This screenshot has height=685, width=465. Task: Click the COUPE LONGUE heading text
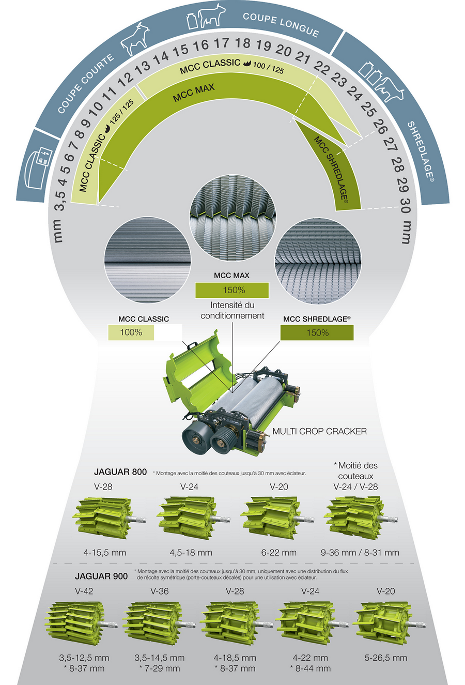tap(281, 24)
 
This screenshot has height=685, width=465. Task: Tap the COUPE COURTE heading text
tap(86, 84)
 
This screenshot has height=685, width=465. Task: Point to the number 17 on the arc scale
tap(221, 43)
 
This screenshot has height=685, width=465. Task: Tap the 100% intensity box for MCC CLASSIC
tap(131, 332)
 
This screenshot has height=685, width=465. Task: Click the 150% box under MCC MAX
tap(232, 290)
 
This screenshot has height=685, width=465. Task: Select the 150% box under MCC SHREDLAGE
tap(317, 332)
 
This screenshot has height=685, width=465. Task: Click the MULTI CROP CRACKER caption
tap(319, 431)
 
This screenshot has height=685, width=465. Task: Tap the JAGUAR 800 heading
tap(120, 472)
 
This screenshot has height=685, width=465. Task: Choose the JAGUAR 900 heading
tap(101, 576)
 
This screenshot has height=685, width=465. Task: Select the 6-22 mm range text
tap(279, 553)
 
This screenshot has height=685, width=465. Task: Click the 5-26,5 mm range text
tap(385, 658)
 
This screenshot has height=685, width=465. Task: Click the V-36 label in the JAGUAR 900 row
tap(160, 591)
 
